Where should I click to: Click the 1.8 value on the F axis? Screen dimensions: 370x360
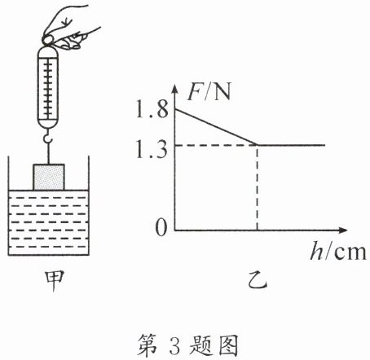tap(152, 110)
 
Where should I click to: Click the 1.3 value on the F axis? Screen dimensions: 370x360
tap(152, 150)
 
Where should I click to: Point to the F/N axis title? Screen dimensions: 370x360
tap(209, 91)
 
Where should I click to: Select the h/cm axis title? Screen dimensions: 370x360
tap(338, 252)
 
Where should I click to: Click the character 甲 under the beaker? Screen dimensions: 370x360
tap(55, 281)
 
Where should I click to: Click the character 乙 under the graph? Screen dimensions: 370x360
tap(258, 280)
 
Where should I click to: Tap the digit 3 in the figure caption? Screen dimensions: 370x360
tap(175, 345)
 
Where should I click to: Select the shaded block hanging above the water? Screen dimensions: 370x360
tap(49, 177)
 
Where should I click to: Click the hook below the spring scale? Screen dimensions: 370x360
tap(48, 136)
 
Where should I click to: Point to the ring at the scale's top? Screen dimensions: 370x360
tap(47, 41)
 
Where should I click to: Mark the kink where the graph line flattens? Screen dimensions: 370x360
tap(258, 145)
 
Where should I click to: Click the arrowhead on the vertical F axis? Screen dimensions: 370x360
tap(175, 89)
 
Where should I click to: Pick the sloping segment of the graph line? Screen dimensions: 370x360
tap(216, 127)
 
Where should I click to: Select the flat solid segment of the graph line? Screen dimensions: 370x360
tap(291, 145)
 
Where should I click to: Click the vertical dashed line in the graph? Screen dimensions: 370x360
tap(258, 188)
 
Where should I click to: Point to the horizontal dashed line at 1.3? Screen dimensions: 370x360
tap(216, 145)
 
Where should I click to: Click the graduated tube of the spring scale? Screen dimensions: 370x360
tap(48, 87)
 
